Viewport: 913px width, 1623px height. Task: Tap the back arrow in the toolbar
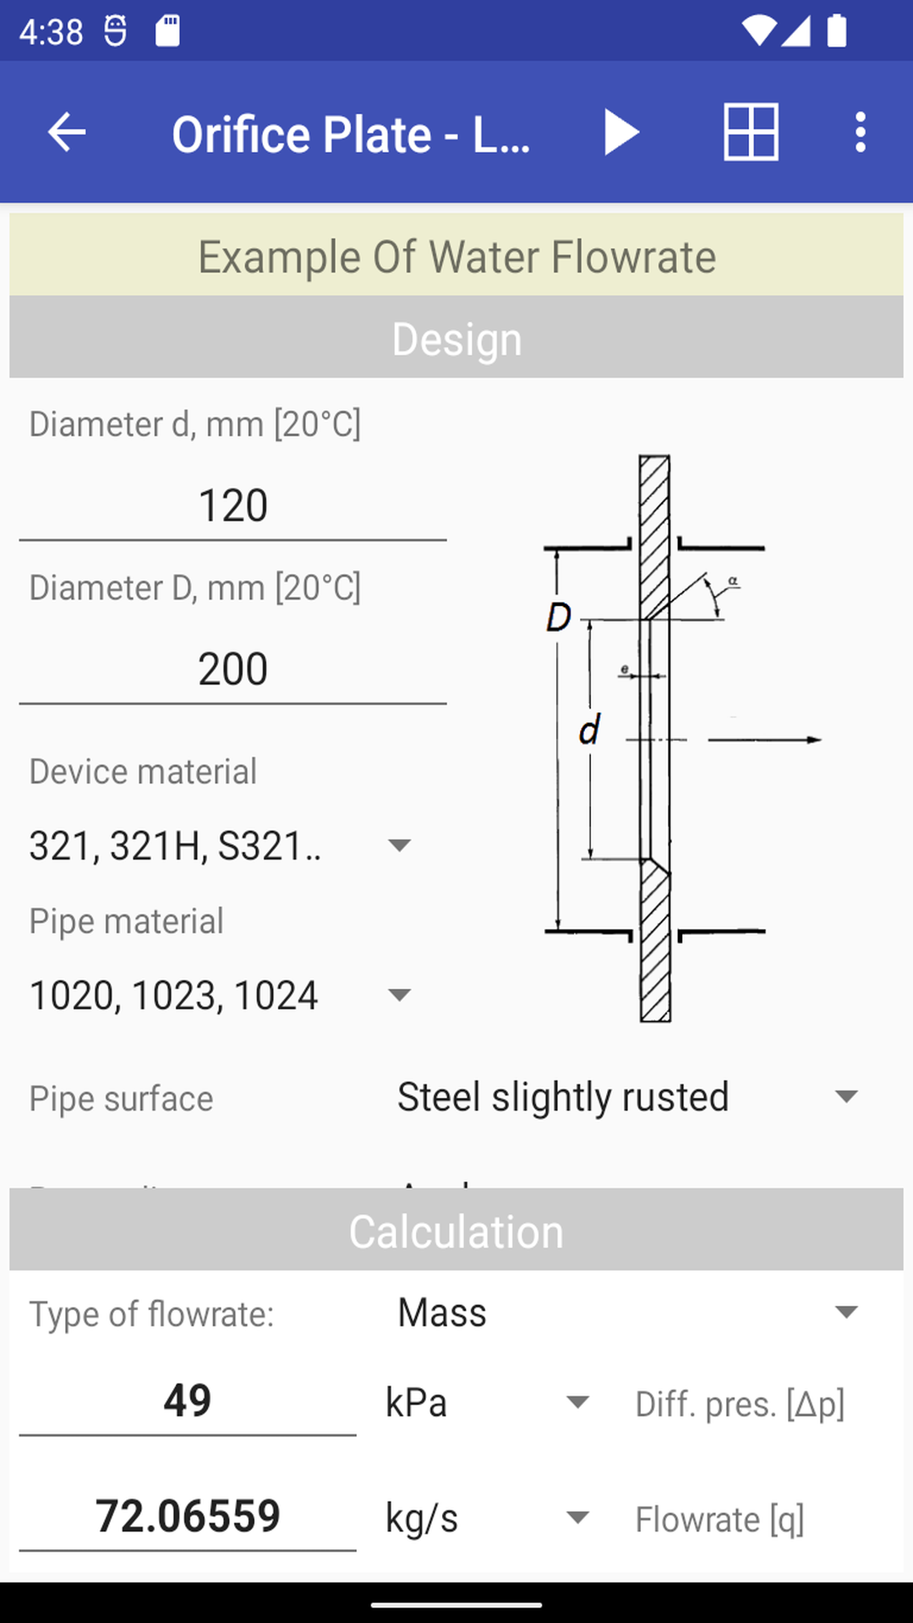click(x=67, y=133)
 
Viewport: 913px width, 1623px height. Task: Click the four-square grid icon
click(x=751, y=132)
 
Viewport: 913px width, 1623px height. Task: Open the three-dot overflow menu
click(x=860, y=133)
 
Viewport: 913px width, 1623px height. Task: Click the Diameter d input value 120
click(x=232, y=506)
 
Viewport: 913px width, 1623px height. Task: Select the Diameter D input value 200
click(x=232, y=669)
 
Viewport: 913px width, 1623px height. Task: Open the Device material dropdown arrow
click(x=398, y=845)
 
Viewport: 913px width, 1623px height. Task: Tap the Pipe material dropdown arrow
click(x=398, y=995)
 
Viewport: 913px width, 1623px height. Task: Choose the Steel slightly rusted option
click(x=563, y=1097)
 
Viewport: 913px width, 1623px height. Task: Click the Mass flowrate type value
click(x=442, y=1313)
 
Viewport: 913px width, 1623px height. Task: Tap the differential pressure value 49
click(x=188, y=1401)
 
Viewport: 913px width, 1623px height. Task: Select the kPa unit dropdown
click(x=486, y=1403)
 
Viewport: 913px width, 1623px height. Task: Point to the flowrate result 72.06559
click(x=188, y=1516)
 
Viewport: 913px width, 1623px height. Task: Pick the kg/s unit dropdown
click(x=486, y=1518)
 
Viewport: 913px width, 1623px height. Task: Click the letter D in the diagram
click(x=559, y=618)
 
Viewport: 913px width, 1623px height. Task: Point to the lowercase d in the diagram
click(x=589, y=730)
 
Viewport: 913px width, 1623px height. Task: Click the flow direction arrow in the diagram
click(x=764, y=740)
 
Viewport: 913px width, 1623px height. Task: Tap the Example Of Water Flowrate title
click(x=456, y=257)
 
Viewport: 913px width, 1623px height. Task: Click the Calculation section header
click(x=456, y=1232)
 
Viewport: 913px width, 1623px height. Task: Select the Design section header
click(x=456, y=339)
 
